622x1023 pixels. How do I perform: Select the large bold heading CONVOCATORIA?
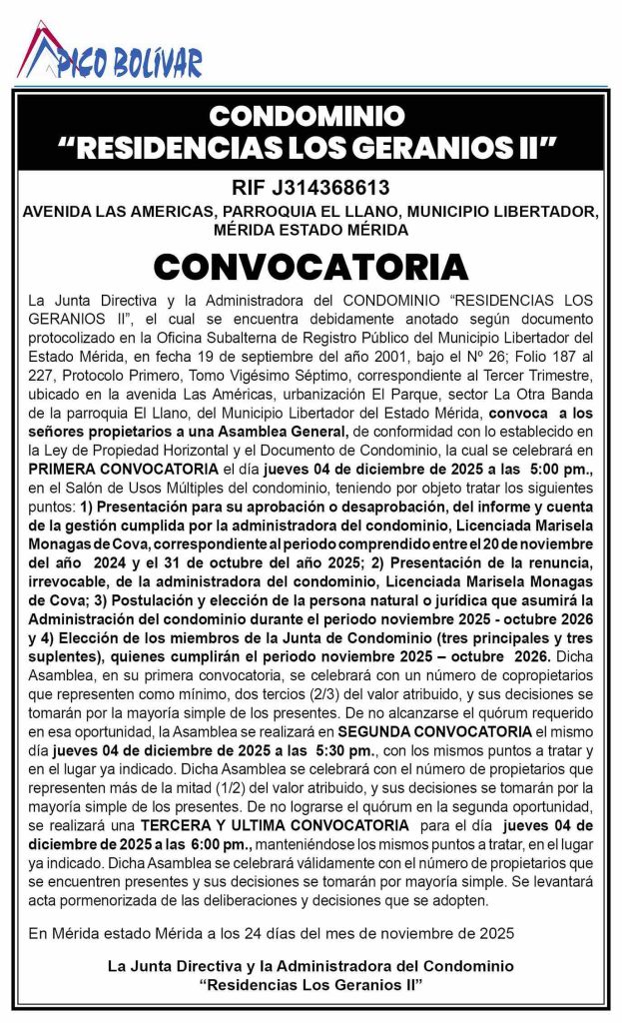pyautogui.click(x=311, y=267)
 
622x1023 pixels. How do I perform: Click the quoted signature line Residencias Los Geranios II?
pyautogui.click(x=311, y=984)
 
